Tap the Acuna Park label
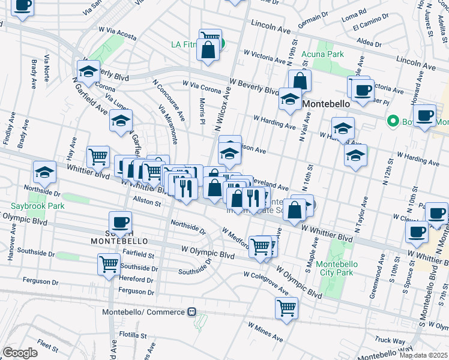(326, 54)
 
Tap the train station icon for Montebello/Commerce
(192, 312)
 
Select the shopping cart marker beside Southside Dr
(109, 263)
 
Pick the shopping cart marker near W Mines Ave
(286, 307)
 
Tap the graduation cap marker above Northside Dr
(44, 172)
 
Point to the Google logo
(20, 352)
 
